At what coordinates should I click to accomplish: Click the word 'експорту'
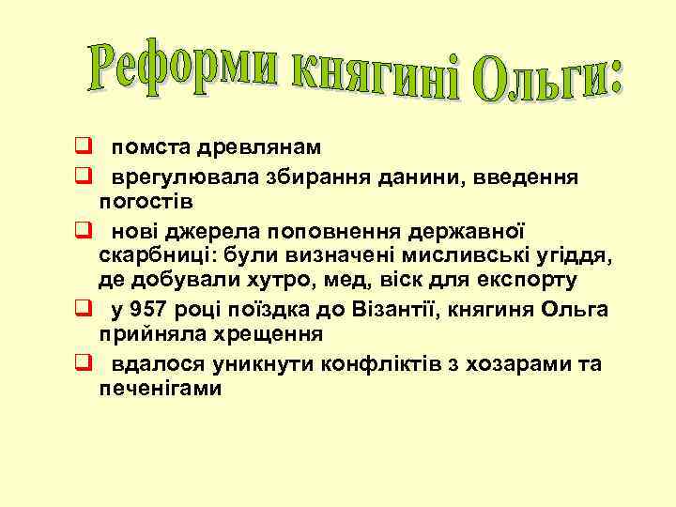tap(531, 281)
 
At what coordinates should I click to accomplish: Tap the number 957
tap(151, 311)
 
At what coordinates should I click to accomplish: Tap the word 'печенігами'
tap(161, 389)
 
